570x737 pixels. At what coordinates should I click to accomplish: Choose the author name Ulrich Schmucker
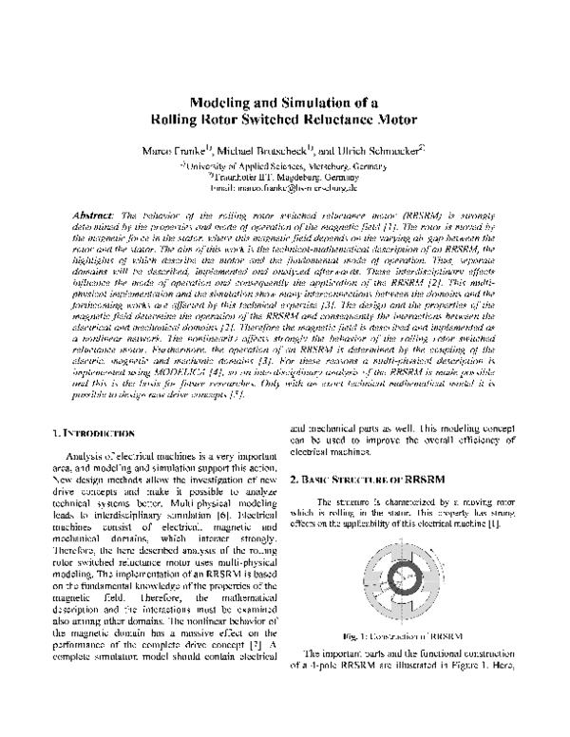378,151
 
